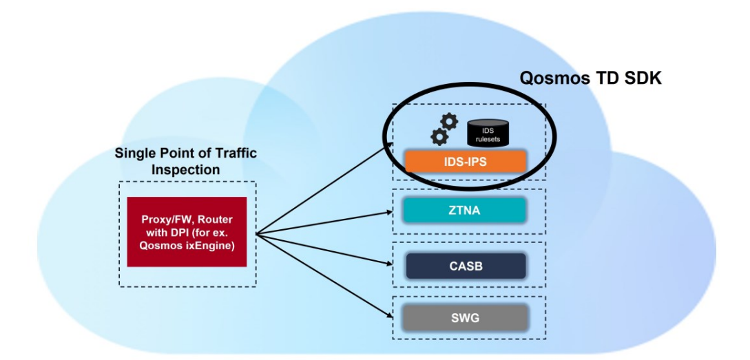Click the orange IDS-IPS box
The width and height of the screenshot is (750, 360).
[466, 162]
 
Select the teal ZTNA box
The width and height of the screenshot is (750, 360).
[466, 210]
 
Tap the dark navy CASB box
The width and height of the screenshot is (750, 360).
[466, 266]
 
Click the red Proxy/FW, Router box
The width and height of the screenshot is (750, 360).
[187, 232]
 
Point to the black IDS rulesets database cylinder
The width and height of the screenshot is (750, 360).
[488, 132]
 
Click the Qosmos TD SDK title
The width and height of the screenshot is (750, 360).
[590, 79]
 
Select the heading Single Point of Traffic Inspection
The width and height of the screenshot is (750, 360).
[186, 160]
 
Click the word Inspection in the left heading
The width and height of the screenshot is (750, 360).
[186, 169]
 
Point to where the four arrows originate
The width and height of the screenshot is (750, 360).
[256, 232]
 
